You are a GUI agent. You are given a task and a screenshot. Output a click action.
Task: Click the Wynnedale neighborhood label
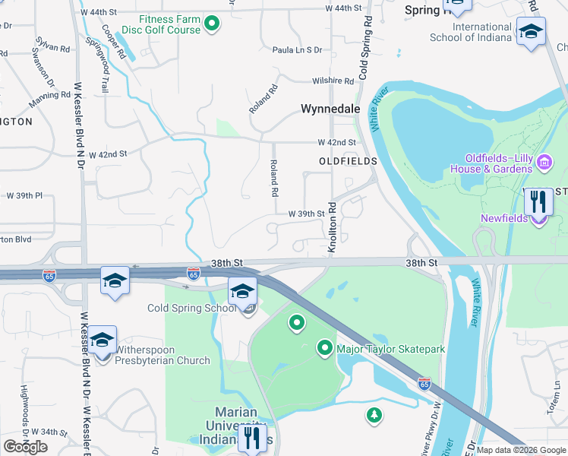click(x=330, y=109)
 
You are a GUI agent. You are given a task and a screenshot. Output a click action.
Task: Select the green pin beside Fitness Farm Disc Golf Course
click(x=213, y=24)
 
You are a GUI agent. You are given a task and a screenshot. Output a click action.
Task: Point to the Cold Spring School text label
click(x=192, y=309)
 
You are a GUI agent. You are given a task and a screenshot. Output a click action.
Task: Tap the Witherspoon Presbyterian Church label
click(x=162, y=355)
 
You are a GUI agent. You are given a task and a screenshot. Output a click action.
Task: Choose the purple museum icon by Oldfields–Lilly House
click(x=544, y=162)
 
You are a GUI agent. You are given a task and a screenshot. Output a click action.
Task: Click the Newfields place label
click(x=507, y=219)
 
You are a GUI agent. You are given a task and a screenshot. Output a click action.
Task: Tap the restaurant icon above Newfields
click(x=537, y=201)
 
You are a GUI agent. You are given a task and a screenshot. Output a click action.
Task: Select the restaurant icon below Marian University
click(x=251, y=437)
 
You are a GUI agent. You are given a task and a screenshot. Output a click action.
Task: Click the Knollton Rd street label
click(x=332, y=228)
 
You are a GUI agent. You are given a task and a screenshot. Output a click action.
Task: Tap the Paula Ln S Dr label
click(x=297, y=50)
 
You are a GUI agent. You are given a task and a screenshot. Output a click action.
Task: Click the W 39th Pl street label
click(x=24, y=195)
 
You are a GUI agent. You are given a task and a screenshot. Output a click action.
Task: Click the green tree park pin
click(x=373, y=414)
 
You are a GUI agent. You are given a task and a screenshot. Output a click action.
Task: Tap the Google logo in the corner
click(x=25, y=447)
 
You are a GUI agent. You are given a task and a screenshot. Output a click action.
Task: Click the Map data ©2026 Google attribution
click(x=521, y=450)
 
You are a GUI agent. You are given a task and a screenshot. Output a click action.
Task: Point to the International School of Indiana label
click(x=471, y=33)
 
